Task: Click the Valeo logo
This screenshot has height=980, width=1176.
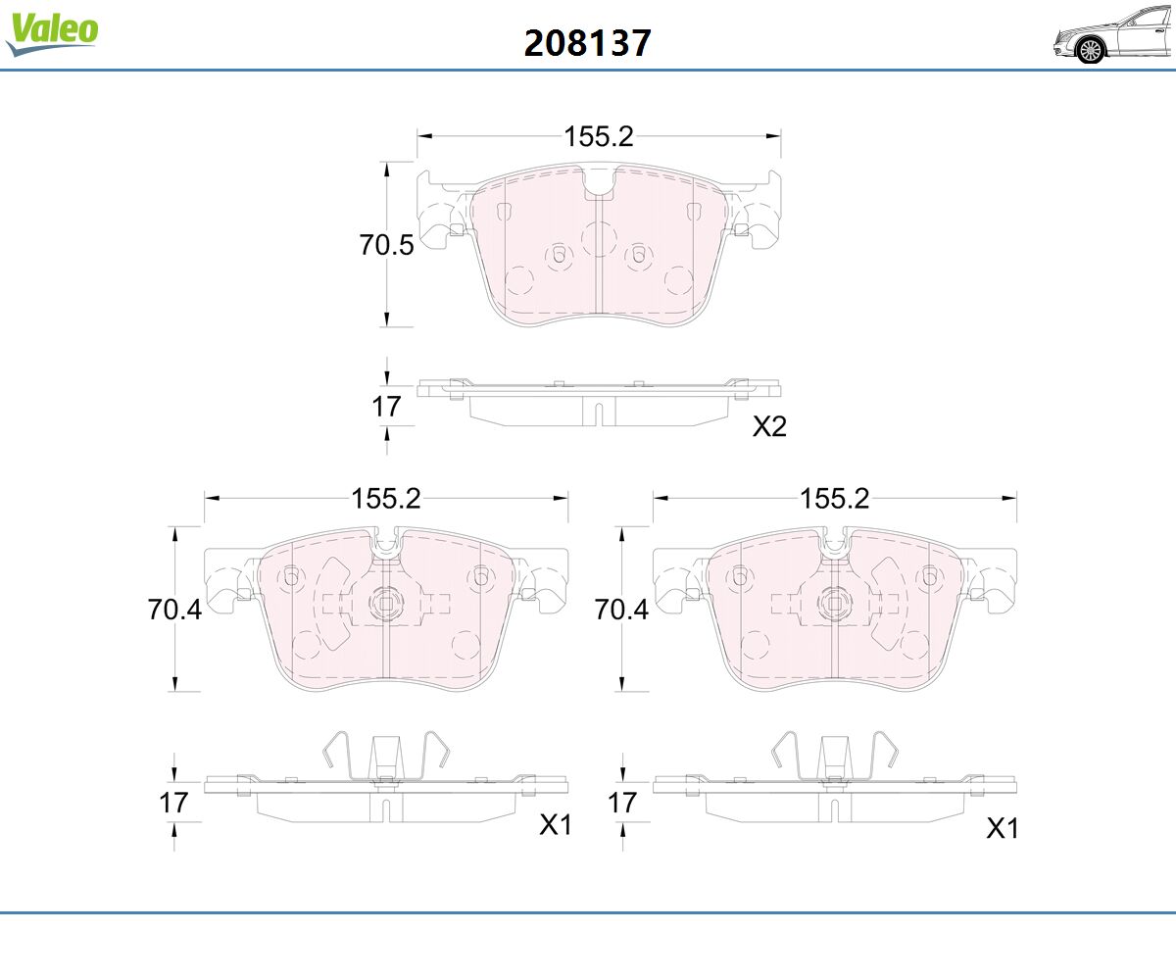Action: click(52, 33)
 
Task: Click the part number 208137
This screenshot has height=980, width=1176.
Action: click(587, 43)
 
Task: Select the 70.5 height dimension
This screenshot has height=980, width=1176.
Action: click(386, 245)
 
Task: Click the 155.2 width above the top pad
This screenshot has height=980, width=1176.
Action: click(599, 136)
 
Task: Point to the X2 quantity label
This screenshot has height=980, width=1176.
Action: click(769, 426)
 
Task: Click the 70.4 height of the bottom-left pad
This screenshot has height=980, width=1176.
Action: click(174, 610)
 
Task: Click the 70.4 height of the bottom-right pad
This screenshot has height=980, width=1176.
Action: click(621, 610)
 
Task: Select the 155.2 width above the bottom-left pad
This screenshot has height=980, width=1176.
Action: click(386, 499)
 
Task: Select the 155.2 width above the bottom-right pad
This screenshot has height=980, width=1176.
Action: click(835, 499)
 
